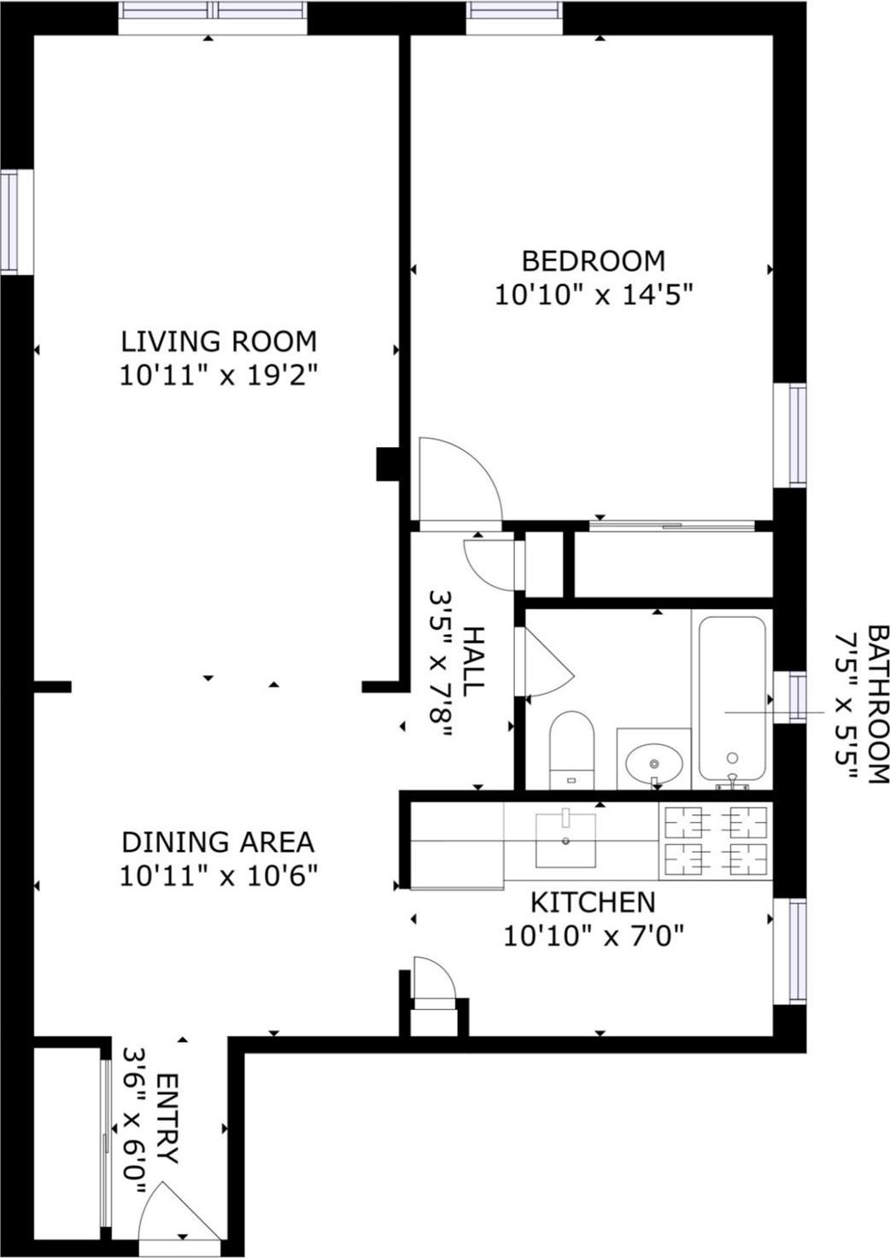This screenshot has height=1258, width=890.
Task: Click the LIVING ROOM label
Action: [219, 341]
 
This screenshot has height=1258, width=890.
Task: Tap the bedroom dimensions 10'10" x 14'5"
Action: [593, 295]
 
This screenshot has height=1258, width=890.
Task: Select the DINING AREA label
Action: [218, 842]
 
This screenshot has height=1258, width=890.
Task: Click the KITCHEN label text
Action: [593, 902]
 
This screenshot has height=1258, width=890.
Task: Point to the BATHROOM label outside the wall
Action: [878, 704]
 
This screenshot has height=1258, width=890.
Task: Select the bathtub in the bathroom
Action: [732, 698]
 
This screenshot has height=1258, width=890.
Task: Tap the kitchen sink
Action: [565, 840]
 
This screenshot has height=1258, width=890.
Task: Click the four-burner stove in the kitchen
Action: [716, 841]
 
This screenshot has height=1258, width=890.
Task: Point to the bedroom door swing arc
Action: [457, 478]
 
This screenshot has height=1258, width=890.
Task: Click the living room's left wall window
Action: [9, 222]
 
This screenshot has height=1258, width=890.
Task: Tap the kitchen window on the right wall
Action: [796, 951]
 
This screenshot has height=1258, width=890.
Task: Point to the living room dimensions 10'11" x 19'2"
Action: [219, 376]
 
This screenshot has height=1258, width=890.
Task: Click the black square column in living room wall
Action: [389, 464]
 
